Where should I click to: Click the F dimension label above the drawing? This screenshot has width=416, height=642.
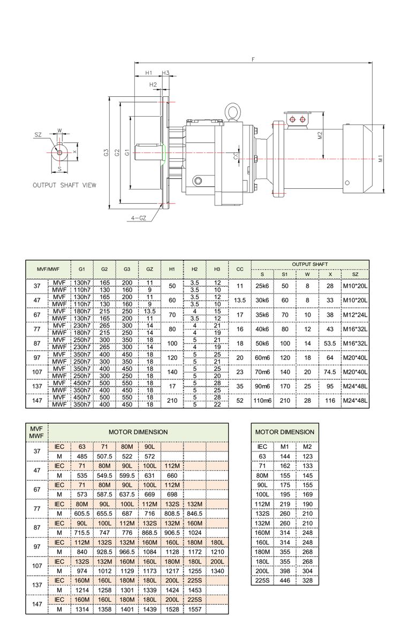pyautogui.click(x=253, y=59)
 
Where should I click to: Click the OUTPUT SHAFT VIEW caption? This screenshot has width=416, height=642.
pyautogui.click(x=65, y=185)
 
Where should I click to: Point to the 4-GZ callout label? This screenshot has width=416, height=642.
pyautogui.click(x=139, y=218)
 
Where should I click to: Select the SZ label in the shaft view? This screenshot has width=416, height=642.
pyautogui.click(x=38, y=135)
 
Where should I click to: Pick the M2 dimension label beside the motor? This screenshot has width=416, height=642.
pyautogui.click(x=320, y=135)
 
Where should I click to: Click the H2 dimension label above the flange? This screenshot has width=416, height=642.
pyautogui.click(x=153, y=85)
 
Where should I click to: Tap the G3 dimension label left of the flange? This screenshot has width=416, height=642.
pyautogui.click(x=107, y=152)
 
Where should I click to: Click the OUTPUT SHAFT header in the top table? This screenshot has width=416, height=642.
pyautogui.click(x=310, y=264)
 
